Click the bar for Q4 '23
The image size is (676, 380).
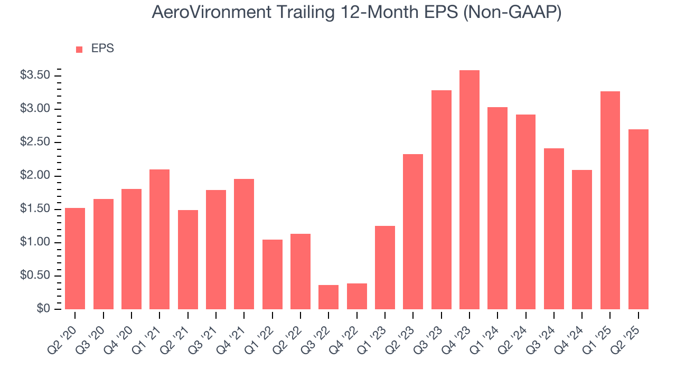[470, 190]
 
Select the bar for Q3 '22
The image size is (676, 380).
[328, 297]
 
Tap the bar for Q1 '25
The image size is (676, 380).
[610, 201]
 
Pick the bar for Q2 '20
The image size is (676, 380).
[75, 259]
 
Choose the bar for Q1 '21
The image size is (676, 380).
[159, 239]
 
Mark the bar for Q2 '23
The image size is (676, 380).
[413, 232]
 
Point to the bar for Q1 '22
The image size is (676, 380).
[273, 274]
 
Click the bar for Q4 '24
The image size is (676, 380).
[582, 240]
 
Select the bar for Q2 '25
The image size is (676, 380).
[639, 219]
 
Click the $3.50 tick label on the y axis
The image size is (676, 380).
[35, 75]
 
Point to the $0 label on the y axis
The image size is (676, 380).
[43, 309]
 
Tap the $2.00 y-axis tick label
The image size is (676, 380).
[35, 176]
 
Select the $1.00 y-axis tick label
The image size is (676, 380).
[35, 243]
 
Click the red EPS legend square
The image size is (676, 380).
[79, 49]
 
